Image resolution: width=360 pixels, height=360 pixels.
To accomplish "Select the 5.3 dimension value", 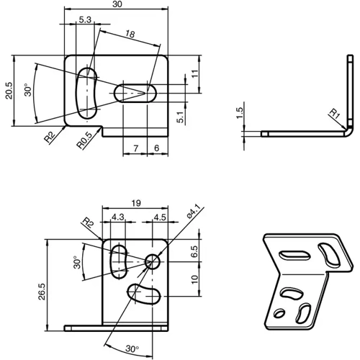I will pyautogui.click(x=86, y=21).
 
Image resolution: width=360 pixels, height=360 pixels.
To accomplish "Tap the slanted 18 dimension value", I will pyautogui.click(x=130, y=35).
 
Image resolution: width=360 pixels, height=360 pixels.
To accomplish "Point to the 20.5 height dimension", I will pyautogui.click(x=8, y=90).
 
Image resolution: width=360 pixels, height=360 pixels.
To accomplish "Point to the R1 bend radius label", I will pyautogui.click(x=335, y=113).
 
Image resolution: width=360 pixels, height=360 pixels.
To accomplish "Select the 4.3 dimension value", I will pyautogui.click(x=117, y=215).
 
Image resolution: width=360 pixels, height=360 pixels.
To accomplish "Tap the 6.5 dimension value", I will pyautogui.click(x=194, y=252).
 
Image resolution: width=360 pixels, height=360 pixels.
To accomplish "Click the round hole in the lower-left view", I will pyautogui.click(x=153, y=262).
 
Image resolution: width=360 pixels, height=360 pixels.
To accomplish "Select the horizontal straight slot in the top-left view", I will pyautogui.click(x=137, y=92).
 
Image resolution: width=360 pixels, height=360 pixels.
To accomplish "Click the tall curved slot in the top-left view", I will pyautogui.click(x=89, y=93).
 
